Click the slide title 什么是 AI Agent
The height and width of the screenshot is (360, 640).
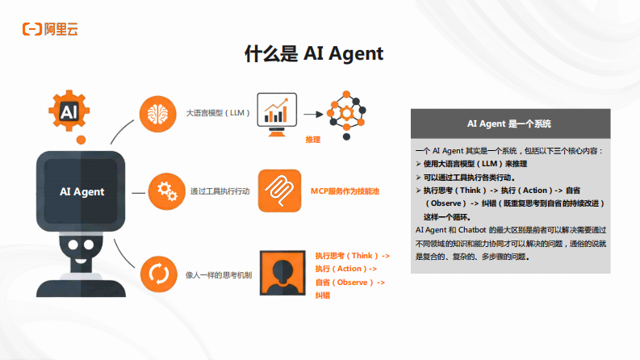(314, 53)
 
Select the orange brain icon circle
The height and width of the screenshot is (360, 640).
(158, 113)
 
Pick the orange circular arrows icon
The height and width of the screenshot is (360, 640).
(158, 274)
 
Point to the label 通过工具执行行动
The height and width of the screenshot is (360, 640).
(220, 191)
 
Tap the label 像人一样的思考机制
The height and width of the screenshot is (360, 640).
(219, 274)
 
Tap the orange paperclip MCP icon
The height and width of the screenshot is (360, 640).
(279, 191)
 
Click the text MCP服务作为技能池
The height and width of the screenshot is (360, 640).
(345, 191)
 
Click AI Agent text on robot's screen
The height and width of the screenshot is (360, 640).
(82, 191)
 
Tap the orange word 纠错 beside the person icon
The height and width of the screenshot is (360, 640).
(323, 295)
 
